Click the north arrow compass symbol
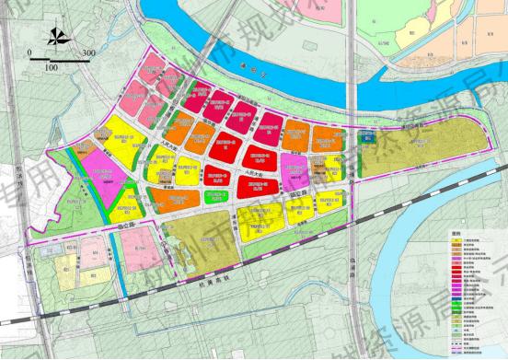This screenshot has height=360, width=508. pos(58,38)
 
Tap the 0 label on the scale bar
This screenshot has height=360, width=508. pos(30,52)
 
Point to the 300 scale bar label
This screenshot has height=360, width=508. pos(89,52)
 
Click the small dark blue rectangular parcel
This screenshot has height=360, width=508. pos(367,140)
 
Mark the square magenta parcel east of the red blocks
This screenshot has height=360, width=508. pos(294,168)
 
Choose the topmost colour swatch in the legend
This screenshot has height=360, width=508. pos(457,238)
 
